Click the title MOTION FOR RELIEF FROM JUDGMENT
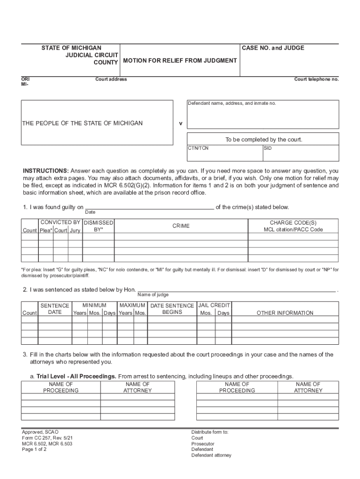pyautogui.click(x=180, y=61)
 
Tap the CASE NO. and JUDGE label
pyautogui.click(x=273, y=48)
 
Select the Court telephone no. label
pyautogui.click(x=316, y=79)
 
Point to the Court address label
pyautogui.click(x=111, y=79)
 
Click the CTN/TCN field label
pyautogui.click(x=198, y=148)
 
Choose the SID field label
pyautogui.click(x=268, y=148)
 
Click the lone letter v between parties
pyautogui.click(x=180, y=124)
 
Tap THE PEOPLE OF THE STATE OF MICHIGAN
pyautogui.click(x=82, y=123)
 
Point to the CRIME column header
pyautogui.click(x=181, y=226)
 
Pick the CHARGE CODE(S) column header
pyautogui.click(x=293, y=223)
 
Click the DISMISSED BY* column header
pyautogui.click(x=98, y=226)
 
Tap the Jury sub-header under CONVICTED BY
pyautogui.click(x=75, y=230)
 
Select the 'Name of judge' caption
pyautogui.click(x=153, y=295)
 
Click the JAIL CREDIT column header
pyautogui.click(x=214, y=305)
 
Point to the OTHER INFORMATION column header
pyautogui.click(x=285, y=313)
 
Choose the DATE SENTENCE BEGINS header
pyautogui.click(x=172, y=309)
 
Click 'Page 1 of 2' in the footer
pyautogui.click(x=34, y=450)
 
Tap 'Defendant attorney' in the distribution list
pyautogui.click(x=211, y=455)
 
